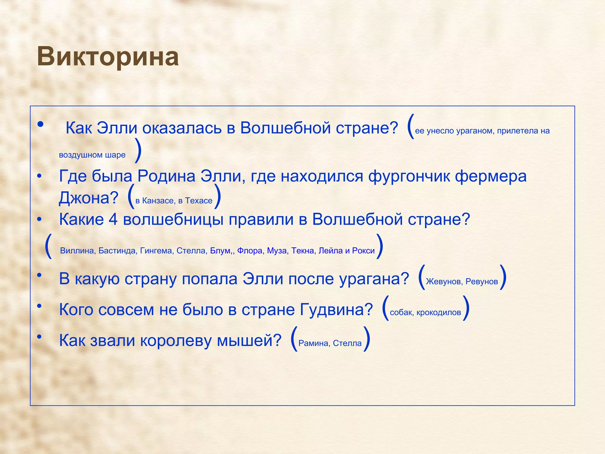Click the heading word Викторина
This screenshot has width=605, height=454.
point(108,57)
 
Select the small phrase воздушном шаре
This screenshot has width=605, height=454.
point(92,155)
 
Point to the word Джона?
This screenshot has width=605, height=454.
point(89,198)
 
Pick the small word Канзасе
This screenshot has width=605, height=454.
point(158,201)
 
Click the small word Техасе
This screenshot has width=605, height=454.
point(199,201)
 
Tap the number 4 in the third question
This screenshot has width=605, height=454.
point(113,220)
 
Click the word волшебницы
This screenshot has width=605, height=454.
point(173,220)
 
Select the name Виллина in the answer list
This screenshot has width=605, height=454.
point(77,251)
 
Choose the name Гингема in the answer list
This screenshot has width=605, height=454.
point(156,251)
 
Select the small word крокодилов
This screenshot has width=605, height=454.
point(439,313)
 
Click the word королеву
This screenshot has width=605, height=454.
point(176,340)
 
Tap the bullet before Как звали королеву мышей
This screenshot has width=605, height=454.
point(39,336)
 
